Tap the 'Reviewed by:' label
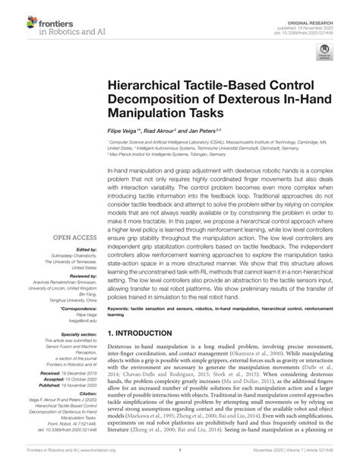(x=77, y=273)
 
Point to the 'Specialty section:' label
(x=74, y=334)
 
